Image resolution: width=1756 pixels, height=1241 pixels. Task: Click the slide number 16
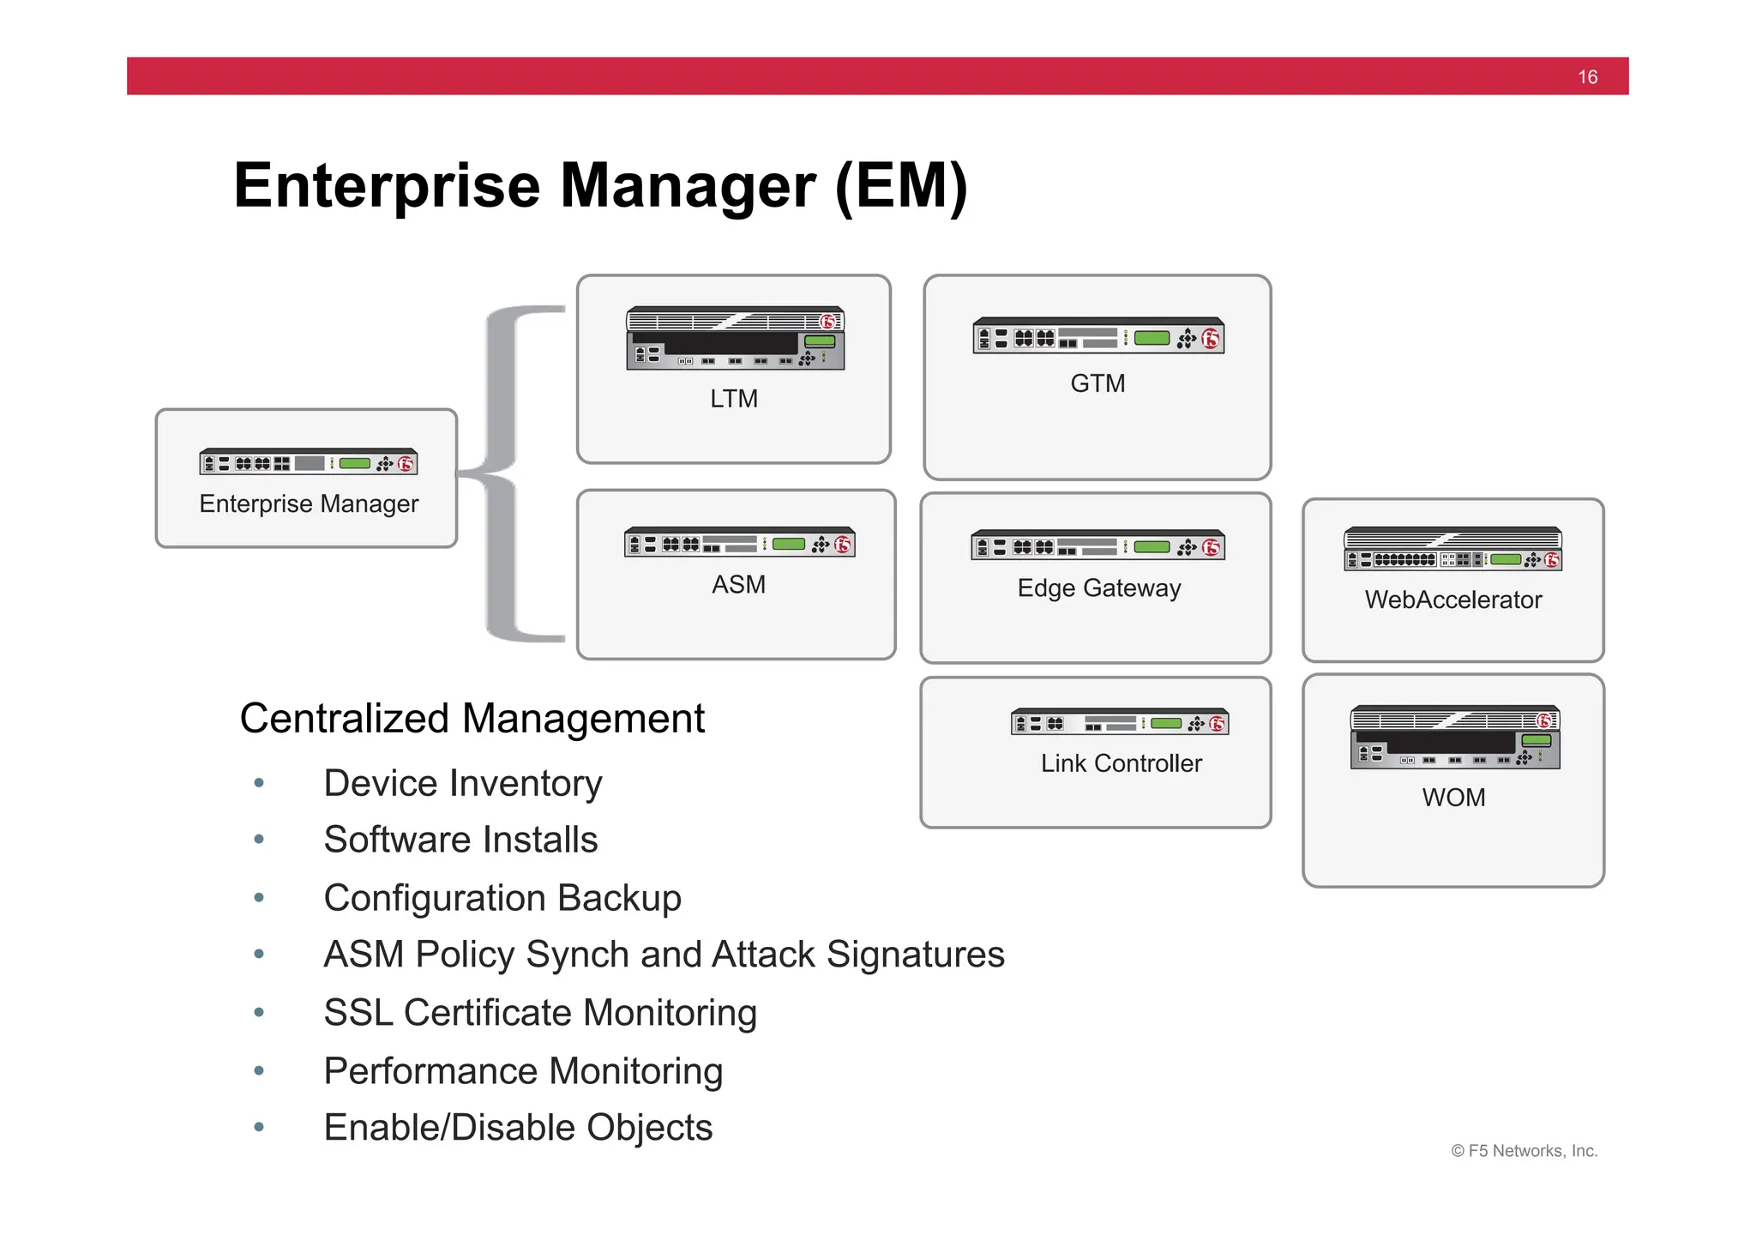(x=1587, y=77)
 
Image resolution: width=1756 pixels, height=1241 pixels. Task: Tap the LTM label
(x=734, y=399)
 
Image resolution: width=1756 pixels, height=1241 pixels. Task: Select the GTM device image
(x=1097, y=336)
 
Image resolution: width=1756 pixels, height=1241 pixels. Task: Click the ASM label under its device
(x=738, y=585)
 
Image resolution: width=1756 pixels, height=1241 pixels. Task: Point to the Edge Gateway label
(x=1098, y=588)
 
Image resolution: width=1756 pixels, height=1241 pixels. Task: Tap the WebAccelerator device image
(x=1452, y=549)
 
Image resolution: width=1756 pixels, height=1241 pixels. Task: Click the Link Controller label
(x=1121, y=763)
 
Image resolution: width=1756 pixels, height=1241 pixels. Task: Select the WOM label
(x=1453, y=798)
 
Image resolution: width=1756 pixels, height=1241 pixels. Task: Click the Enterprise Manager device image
(x=308, y=462)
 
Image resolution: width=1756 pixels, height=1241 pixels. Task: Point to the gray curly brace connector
(x=506, y=473)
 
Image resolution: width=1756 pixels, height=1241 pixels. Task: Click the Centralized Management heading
(x=472, y=719)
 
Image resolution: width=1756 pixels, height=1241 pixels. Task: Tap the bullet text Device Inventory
(x=462, y=784)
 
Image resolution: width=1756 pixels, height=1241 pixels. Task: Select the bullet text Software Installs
(x=460, y=840)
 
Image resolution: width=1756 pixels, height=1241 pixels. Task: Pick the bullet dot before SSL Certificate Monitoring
(x=259, y=1013)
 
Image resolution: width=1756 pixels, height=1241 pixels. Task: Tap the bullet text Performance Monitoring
(x=523, y=1071)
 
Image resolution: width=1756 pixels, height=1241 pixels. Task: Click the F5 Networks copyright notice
(x=1524, y=1151)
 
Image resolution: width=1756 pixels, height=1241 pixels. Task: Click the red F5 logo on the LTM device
(x=827, y=322)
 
